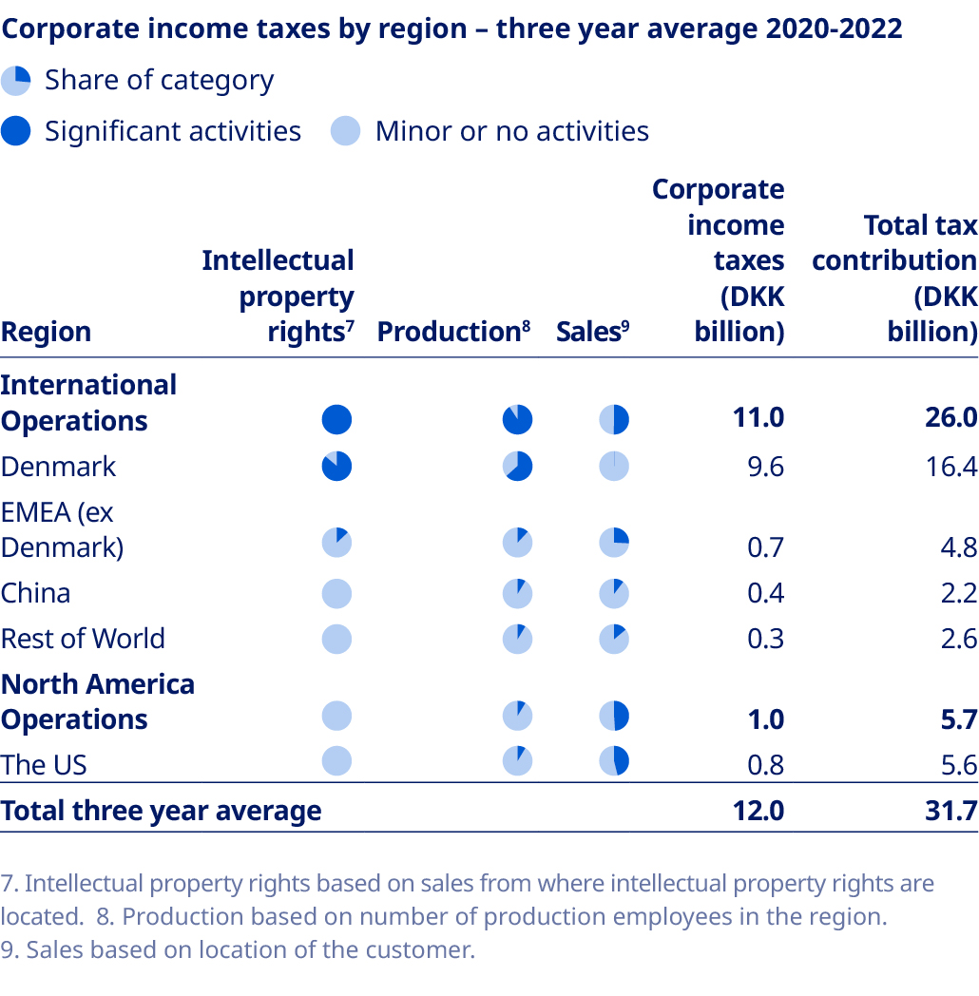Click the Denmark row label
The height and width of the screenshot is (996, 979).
pos(58,467)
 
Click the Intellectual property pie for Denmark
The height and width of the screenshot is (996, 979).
pos(336,467)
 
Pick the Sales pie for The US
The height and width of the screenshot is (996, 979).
pos(614,760)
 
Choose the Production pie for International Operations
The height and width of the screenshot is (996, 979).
pos(517,419)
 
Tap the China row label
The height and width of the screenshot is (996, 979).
pos(35,593)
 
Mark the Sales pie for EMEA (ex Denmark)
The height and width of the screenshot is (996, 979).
pos(614,544)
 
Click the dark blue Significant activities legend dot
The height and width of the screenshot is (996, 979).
pos(16,131)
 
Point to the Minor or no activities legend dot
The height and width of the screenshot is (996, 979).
pos(346,131)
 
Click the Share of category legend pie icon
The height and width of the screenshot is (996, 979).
pos(16,81)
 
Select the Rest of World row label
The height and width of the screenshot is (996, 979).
pos(83,639)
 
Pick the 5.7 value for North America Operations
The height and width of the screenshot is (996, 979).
pos(957,719)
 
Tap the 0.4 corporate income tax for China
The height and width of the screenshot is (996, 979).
pos(765,593)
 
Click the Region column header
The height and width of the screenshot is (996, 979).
pos(46,332)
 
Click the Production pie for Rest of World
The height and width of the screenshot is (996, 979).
pos(517,639)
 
